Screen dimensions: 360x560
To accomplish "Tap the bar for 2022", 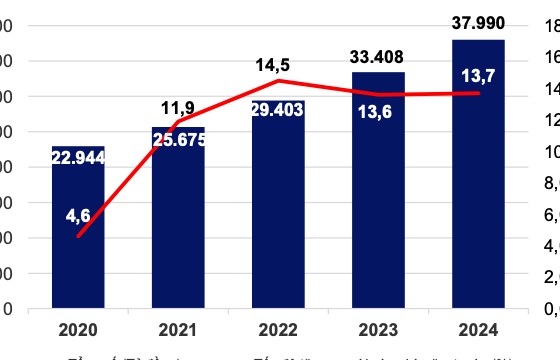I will click(x=278, y=220).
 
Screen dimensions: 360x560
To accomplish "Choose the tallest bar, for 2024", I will click(x=478, y=200).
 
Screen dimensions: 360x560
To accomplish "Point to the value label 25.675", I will click(x=180, y=139).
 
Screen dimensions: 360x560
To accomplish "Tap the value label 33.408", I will click(x=378, y=56).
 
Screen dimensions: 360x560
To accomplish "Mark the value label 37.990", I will click(x=478, y=23).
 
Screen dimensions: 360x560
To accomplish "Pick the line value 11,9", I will click(x=179, y=106).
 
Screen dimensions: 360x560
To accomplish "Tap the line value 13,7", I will click(x=477, y=75).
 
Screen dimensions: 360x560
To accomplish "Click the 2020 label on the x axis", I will click(x=79, y=327).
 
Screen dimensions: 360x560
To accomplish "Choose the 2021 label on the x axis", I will click(x=178, y=327).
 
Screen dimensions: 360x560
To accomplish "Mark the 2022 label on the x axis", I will click(x=278, y=327).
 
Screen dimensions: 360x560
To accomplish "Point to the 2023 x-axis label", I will click(x=378, y=327).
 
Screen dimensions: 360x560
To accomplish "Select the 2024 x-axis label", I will click(x=478, y=327).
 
